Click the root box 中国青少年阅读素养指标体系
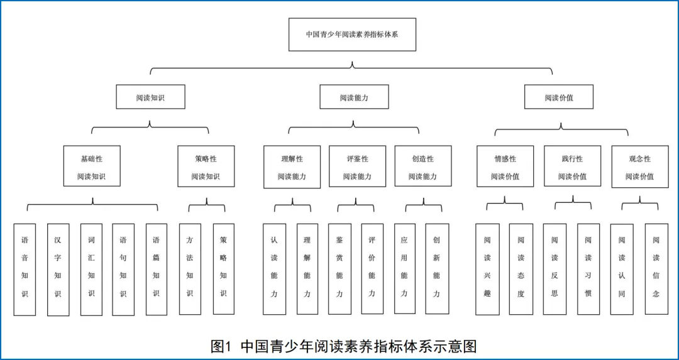[352, 35]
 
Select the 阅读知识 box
[150, 97]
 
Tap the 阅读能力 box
[354, 97]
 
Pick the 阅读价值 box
[559, 97]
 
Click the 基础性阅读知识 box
[92, 166]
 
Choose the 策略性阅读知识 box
[206, 166]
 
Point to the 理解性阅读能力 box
[292, 166]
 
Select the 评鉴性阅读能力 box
[357, 166]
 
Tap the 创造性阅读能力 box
[422, 166]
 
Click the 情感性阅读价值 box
[505, 166]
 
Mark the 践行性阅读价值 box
[572, 166]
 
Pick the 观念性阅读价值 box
[639, 166]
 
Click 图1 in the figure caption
[222, 346]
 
